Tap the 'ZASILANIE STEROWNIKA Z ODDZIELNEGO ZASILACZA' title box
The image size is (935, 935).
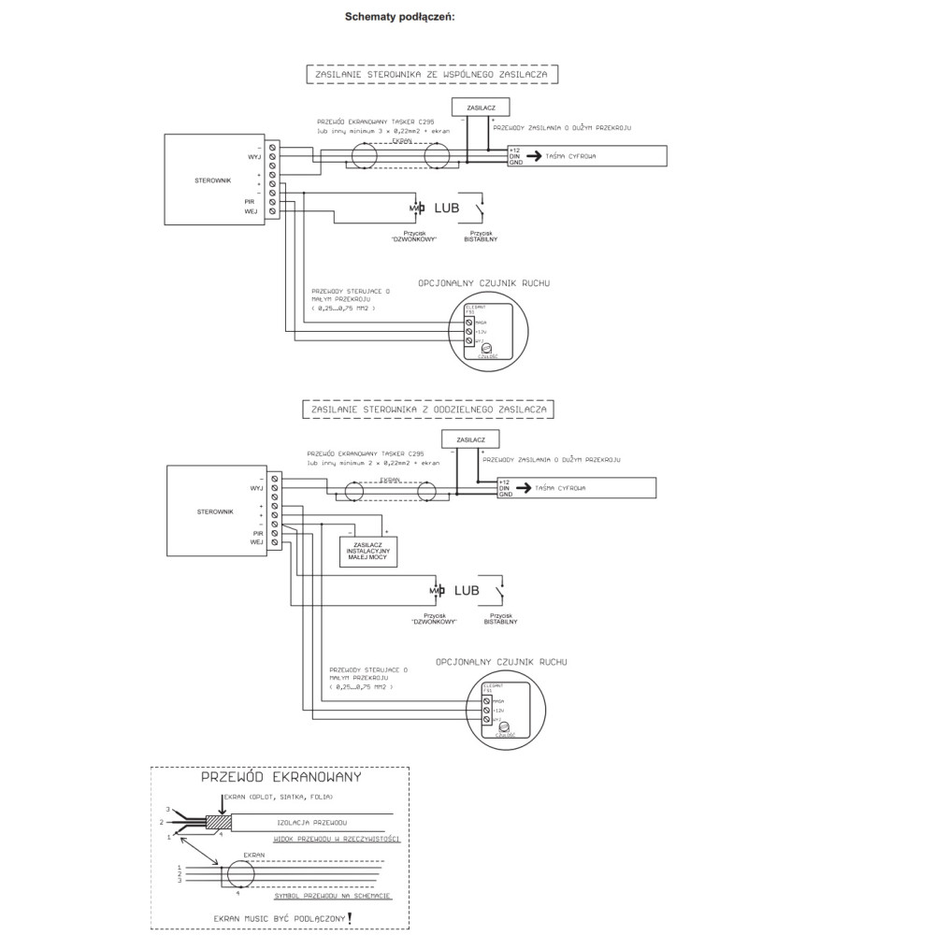[x=431, y=409]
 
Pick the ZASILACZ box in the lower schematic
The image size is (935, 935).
[x=469, y=439]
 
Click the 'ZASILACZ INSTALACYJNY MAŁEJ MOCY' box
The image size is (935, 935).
[x=370, y=552]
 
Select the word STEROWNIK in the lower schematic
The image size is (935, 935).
[x=216, y=513]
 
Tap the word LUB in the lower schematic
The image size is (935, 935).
[x=467, y=590]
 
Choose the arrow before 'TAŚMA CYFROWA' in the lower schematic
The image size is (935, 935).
[x=520, y=488]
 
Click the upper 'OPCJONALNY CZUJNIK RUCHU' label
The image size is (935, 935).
[x=484, y=281]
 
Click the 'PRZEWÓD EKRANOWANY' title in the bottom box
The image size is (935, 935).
[x=281, y=777]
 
